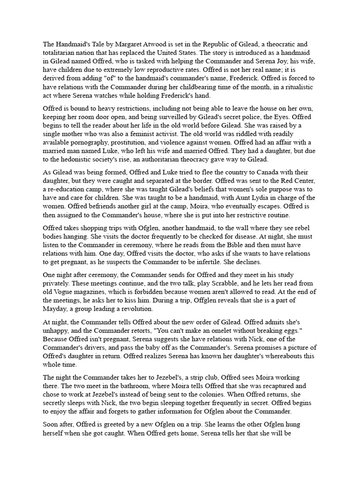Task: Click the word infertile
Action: pos(207,262)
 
